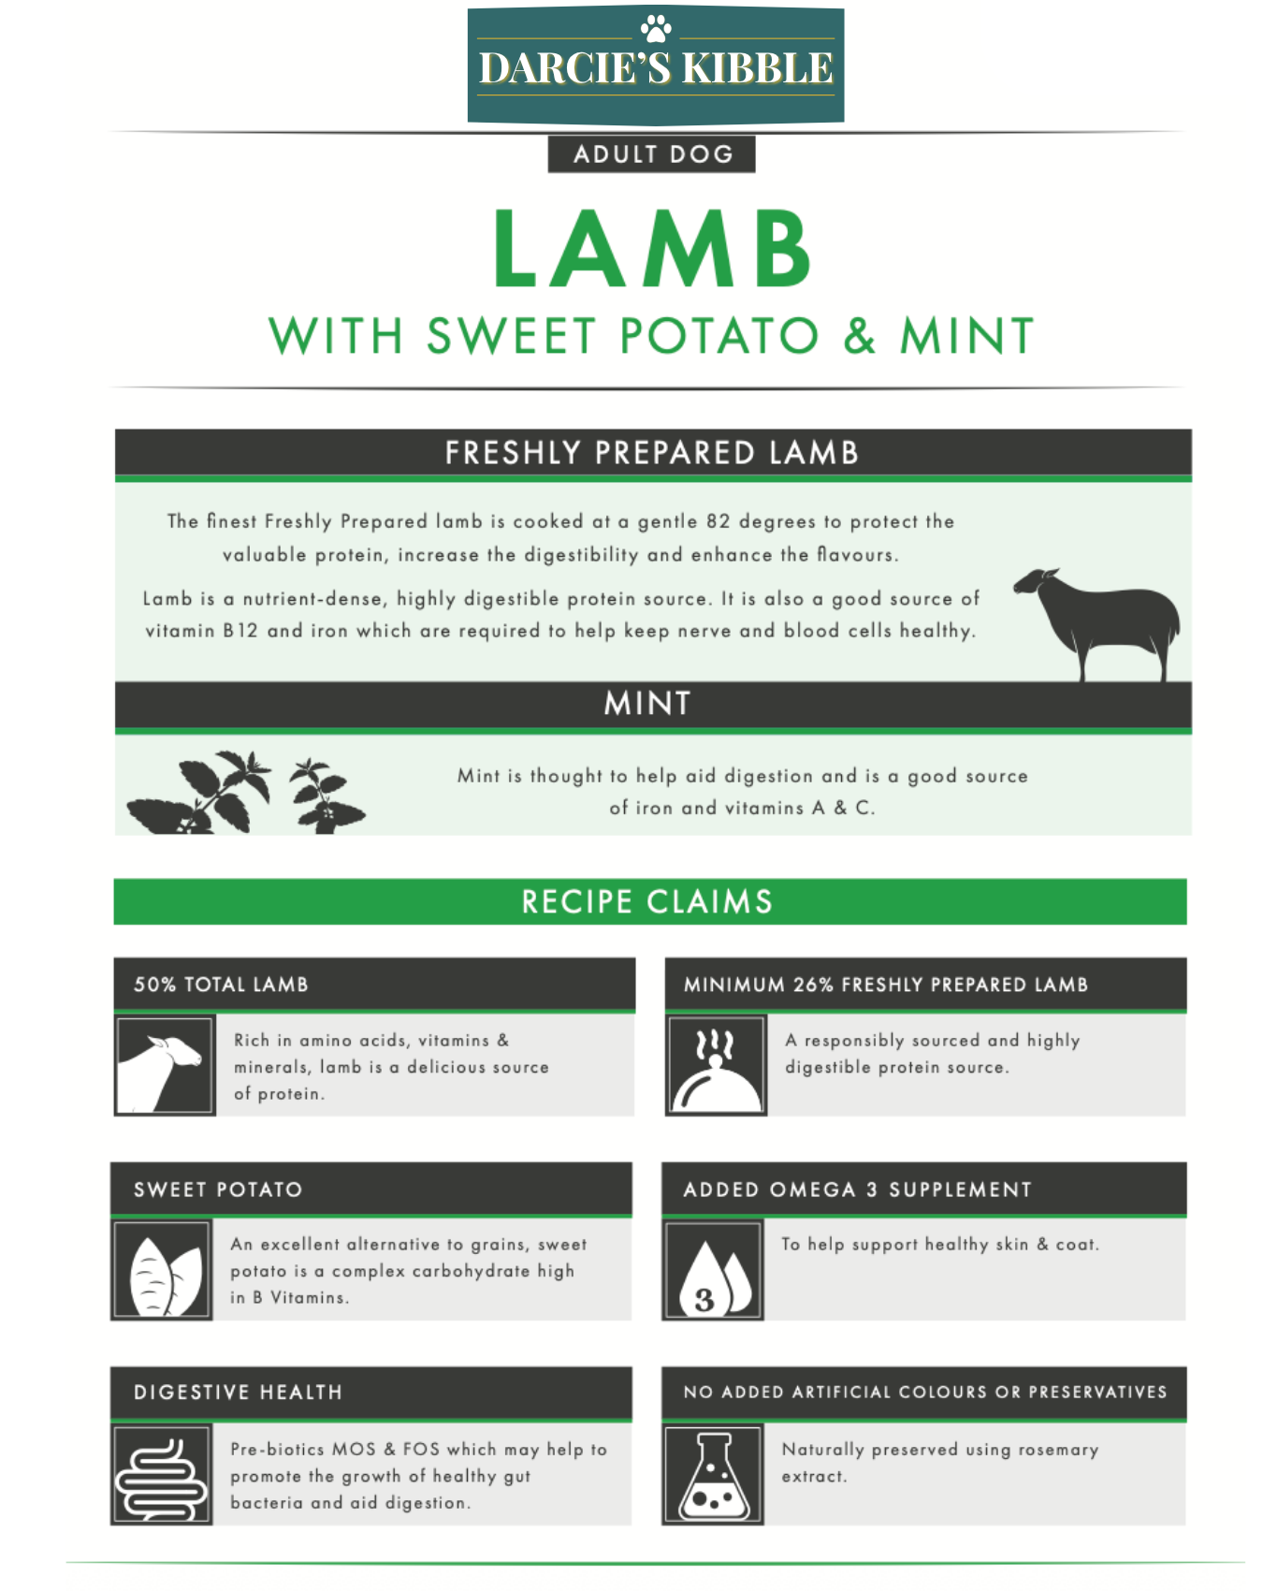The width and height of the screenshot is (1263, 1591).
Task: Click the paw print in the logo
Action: (x=656, y=28)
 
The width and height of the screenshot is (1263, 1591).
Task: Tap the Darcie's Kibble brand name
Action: (x=656, y=68)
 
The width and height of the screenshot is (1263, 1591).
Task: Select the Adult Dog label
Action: (x=652, y=154)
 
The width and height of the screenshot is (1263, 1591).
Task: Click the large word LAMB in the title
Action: (x=652, y=249)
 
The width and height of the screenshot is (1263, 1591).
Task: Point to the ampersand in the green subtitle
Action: (x=859, y=336)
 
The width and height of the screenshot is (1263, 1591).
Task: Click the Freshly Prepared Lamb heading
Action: (x=652, y=453)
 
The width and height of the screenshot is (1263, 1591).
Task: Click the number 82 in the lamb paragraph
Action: (x=719, y=521)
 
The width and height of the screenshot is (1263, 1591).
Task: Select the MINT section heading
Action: (x=647, y=703)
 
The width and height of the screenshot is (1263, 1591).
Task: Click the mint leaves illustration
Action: (x=246, y=793)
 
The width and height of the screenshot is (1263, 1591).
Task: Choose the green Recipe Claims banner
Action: (x=650, y=901)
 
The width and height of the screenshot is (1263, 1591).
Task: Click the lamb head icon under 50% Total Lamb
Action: (x=164, y=1065)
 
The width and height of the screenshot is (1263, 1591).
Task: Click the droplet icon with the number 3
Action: (x=713, y=1269)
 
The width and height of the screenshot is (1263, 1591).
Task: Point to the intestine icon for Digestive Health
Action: (x=162, y=1475)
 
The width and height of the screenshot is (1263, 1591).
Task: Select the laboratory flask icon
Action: (x=713, y=1475)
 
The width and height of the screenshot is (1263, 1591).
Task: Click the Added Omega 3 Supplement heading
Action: (x=857, y=1190)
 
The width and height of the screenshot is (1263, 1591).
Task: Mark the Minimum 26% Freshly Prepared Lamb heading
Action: (x=886, y=985)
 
